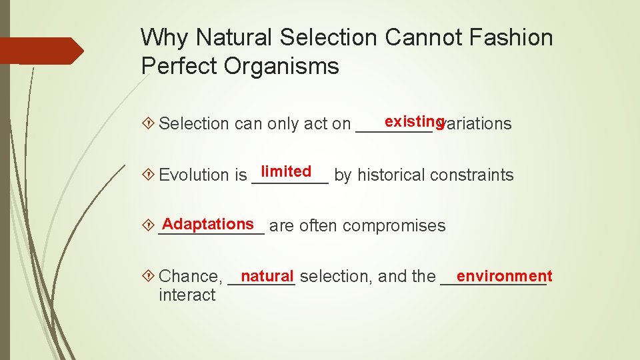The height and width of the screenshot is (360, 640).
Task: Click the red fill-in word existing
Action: coord(414,121)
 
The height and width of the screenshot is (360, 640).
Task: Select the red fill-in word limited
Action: coord(286,171)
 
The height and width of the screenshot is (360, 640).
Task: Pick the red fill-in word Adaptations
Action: coord(208,224)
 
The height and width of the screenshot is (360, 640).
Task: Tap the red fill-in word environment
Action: coord(504,276)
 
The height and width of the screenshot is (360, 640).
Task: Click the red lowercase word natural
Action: coord(267,276)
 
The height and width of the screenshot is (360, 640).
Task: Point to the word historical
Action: coord(392,175)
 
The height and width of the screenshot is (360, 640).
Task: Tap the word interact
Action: coord(187,295)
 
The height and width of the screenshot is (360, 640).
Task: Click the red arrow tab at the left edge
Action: coord(40,51)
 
